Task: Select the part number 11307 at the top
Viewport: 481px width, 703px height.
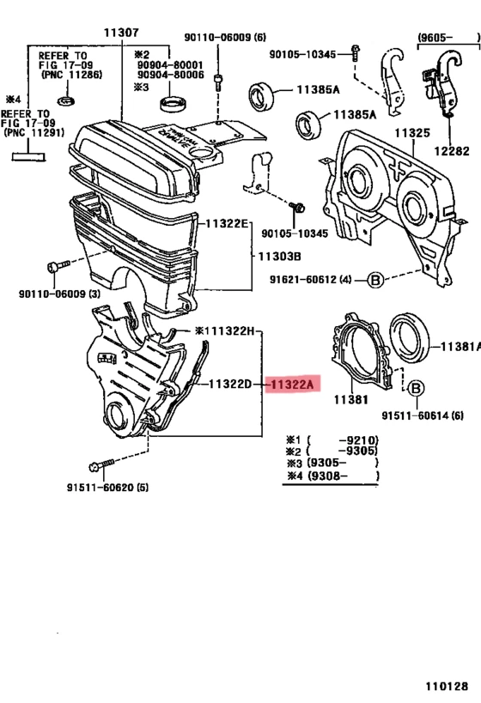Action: coord(121,32)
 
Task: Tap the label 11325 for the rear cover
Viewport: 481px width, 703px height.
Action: coord(411,135)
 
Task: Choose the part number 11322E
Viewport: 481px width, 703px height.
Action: coord(226,223)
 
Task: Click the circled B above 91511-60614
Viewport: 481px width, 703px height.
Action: coord(414,390)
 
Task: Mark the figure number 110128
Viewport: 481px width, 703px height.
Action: coord(446,687)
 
